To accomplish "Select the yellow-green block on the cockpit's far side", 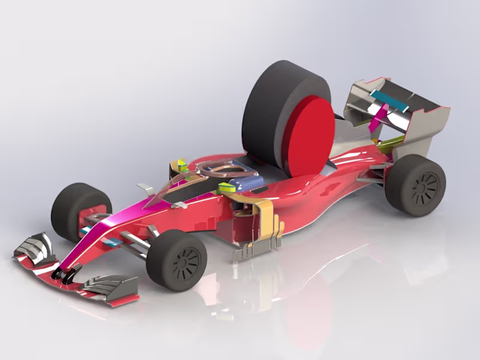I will pos(179,166).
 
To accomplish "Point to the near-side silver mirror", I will pos(178,205).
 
